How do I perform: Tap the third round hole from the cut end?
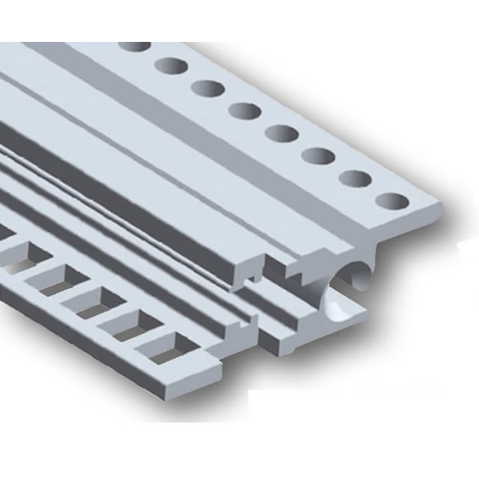320,156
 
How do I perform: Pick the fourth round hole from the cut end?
282,133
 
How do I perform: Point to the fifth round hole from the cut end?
245,111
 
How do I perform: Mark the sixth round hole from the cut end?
207,88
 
